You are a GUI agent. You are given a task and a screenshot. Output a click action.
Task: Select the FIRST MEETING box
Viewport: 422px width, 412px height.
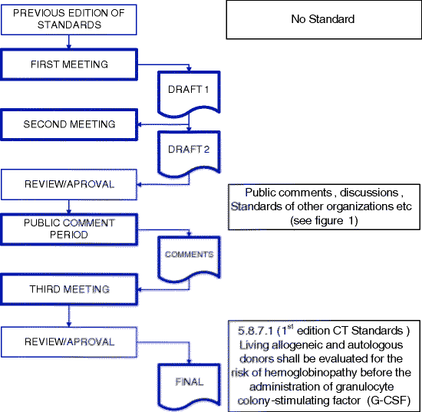[69, 64]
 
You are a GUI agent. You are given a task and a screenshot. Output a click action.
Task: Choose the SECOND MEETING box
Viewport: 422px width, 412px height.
[69, 124]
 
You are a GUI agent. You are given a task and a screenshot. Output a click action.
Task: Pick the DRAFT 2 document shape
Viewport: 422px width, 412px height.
[189, 150]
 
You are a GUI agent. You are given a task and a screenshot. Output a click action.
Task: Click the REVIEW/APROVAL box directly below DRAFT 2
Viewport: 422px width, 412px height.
[69, 184]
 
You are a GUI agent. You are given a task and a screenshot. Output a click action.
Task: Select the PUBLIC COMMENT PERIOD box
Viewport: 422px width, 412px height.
[69, 229]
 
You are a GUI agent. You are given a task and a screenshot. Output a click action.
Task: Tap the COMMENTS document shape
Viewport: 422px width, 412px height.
[189, 253]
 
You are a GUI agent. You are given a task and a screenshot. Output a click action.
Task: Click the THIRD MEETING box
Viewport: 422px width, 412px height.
[69, 289]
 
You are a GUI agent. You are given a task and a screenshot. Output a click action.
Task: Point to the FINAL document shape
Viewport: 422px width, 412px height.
[189, 383]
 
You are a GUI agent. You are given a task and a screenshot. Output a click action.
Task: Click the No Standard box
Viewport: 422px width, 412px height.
[323, 20]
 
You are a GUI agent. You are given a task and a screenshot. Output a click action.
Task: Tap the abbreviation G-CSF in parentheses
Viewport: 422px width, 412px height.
[391, 400]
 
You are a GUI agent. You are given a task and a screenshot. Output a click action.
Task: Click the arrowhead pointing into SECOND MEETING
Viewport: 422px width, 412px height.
[138, 124]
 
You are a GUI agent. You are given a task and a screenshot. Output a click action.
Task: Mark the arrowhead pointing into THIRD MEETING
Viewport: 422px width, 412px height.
[138, 290]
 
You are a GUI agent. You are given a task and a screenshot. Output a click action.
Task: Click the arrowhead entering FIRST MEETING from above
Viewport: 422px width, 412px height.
[69, 48]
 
